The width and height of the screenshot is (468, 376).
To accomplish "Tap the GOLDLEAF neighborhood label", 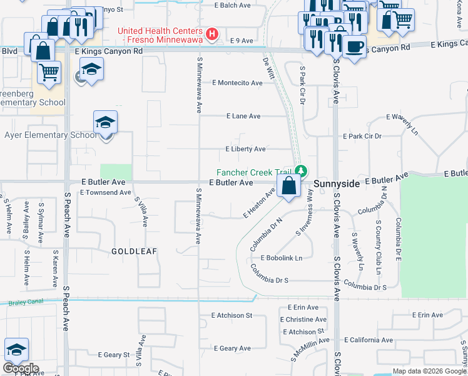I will [134, 251].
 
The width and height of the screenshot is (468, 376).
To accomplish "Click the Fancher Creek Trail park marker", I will [301, 170].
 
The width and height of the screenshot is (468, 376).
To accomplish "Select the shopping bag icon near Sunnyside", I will [288, 185].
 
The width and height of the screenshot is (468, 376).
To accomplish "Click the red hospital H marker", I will [212, 34].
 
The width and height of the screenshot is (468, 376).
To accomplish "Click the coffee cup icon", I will [355, 46].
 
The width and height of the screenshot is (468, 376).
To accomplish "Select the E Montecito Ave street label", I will [237, 83].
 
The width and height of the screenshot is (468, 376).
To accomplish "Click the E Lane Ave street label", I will [243, 116].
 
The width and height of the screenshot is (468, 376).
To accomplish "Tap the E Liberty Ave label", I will [245, 149].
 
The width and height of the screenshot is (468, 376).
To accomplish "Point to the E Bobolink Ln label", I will [277, 258].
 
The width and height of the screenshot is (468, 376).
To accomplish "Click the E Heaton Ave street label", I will [259, 204].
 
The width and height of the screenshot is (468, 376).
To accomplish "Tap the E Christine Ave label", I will [303, 320].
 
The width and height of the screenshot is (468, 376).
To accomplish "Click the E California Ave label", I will [368, 340].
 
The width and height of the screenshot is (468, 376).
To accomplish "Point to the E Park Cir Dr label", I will [362, 136].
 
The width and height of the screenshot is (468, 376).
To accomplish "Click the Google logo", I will [20, 368].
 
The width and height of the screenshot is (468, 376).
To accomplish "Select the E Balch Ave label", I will [232, 5].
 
